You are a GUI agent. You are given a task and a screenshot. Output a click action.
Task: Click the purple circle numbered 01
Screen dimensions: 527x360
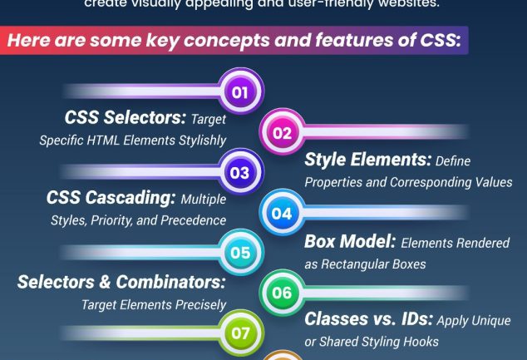[x=240, y=91]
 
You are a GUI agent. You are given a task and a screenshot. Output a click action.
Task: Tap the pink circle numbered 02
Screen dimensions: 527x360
[x=283, y=132]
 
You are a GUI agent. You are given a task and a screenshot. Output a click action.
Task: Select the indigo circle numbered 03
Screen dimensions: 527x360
[x=240, y=172]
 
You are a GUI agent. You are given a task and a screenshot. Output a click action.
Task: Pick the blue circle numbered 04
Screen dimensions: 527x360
[x=283, y=213]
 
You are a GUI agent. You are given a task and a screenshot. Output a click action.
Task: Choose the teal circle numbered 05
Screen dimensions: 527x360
[x=240, y=253]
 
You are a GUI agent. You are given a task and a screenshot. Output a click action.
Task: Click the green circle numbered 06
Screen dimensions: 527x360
[x=283, y=293]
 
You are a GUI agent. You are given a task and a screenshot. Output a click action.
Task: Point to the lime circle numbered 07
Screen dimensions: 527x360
[x=240, y=333]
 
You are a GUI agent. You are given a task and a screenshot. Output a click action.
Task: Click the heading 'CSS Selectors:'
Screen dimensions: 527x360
[x=126, y=117]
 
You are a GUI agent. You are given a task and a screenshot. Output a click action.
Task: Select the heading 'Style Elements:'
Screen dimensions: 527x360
[x=367, y=160]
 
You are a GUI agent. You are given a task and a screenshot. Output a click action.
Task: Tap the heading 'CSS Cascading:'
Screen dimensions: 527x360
[x=111, y=198]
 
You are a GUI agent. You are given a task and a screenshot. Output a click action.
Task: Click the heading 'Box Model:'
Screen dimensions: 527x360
[x=350, y=241]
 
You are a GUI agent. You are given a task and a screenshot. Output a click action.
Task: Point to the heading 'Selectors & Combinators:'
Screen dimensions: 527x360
[x=121, y=282]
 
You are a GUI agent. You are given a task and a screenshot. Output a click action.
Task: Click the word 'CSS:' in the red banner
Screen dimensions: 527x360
[x=441, y=40]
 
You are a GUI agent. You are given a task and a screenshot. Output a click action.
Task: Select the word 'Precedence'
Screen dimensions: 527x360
[x=193, y=220]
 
